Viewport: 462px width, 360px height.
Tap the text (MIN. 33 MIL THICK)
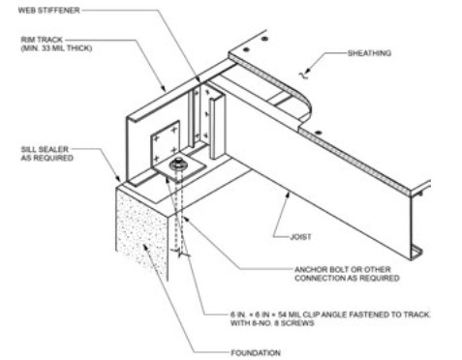pyautogui.click(x=49, y=50)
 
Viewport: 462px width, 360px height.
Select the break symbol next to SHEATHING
pyautogui.click(x=308, y=70)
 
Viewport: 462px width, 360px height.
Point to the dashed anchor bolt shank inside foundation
pyautogui.click(x=181, y=218)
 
